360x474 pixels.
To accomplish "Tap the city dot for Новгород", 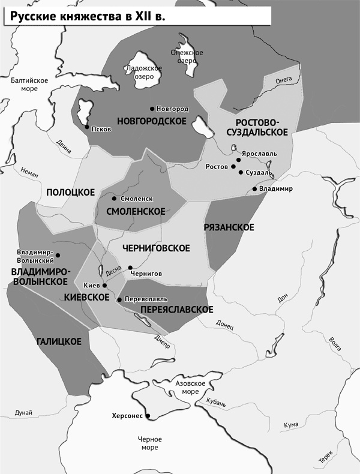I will point(151,109).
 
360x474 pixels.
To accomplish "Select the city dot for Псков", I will point(87,127).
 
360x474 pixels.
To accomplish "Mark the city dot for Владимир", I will point(254,189).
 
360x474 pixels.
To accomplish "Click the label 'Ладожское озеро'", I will point(144,72).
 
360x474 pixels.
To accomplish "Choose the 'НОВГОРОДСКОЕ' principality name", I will point(152,121).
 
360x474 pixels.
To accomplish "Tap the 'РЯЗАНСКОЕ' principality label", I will point(229,227).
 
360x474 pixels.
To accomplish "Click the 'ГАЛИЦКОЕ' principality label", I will point(59,341).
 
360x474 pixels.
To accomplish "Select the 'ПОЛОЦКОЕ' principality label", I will point(70,191).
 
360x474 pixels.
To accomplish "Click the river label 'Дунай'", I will point(23,412).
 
